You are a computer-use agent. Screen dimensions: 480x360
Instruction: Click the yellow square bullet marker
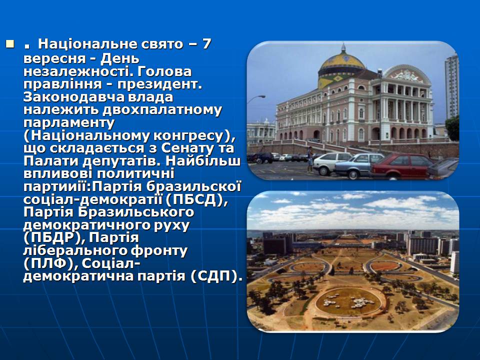coord(10,44)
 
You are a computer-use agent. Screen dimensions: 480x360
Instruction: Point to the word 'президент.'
coord(159,84)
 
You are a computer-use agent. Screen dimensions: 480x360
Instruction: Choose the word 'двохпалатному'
coord(162,110)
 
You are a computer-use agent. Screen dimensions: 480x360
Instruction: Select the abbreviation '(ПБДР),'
coord(54,238)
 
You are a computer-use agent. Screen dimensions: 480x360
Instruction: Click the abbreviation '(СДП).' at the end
coord(214,276)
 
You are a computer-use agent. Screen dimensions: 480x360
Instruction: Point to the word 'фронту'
coord(158,251)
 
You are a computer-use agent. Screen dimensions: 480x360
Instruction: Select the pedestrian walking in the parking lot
coord(310,159)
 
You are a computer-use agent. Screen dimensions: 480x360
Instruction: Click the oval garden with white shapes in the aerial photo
coord(348,301)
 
